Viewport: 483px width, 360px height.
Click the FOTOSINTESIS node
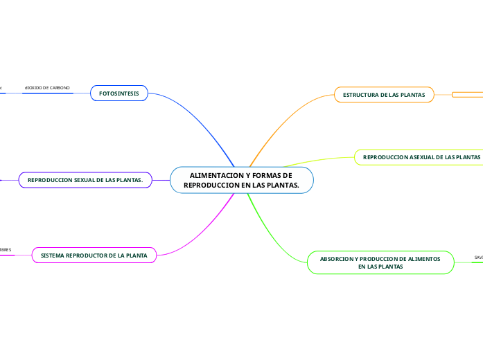pyautogui.click(x=118, y=93)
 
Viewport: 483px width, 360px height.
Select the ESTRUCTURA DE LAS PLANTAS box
pyautogui.click(x=384, y=94)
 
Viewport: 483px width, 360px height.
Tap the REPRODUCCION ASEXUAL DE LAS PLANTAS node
pyautogui.click(x=421, y=157)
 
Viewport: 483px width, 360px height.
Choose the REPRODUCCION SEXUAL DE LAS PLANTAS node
pyautogui.click(x=85, y=181)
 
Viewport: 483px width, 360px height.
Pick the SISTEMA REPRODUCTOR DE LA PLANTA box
pyautogui.click(x=94, y=255)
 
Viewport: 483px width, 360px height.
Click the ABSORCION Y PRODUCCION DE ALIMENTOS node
pyautogui.click(x=380, y=262)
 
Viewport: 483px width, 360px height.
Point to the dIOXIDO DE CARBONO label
pyautogui.click(x=47, y=88)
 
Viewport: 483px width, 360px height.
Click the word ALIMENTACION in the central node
pyautogui.click(x=211, y=176)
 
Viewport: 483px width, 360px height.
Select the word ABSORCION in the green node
pyautogui.click(x=335, y=258)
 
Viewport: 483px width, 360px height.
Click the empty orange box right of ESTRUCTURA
pyautogui.click(x=468, y=95)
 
